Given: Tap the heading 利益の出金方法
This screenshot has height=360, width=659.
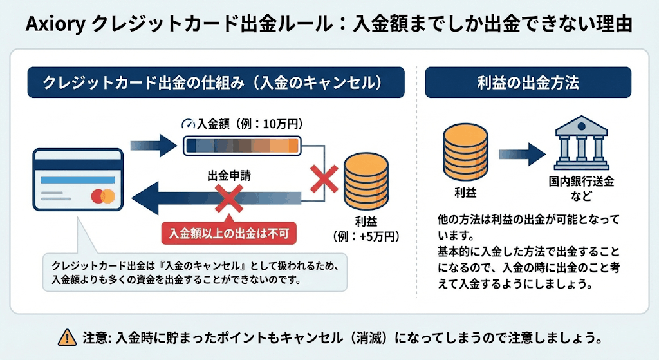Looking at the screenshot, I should pos(528,82).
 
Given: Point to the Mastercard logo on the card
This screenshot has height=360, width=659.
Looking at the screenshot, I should pos(103,195).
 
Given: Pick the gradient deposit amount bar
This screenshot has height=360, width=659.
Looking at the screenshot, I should pos(242,146).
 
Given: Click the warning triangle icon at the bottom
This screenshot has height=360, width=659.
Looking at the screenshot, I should pos(66,337).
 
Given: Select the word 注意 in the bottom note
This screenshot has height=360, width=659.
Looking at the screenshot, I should pos(94,337).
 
